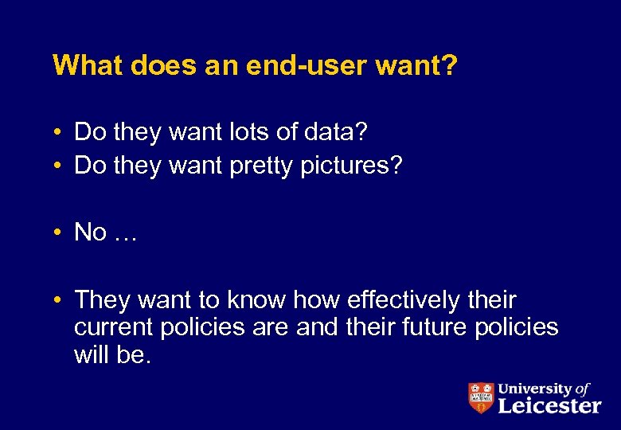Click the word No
click(90, 232)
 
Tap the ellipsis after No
click(125, 233)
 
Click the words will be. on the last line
click(111, 354)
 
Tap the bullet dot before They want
click(59, 301)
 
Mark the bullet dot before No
click(59, 233)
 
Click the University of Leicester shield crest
click(480, 397)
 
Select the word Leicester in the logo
click(549, 405)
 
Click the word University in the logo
click(534, 389)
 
